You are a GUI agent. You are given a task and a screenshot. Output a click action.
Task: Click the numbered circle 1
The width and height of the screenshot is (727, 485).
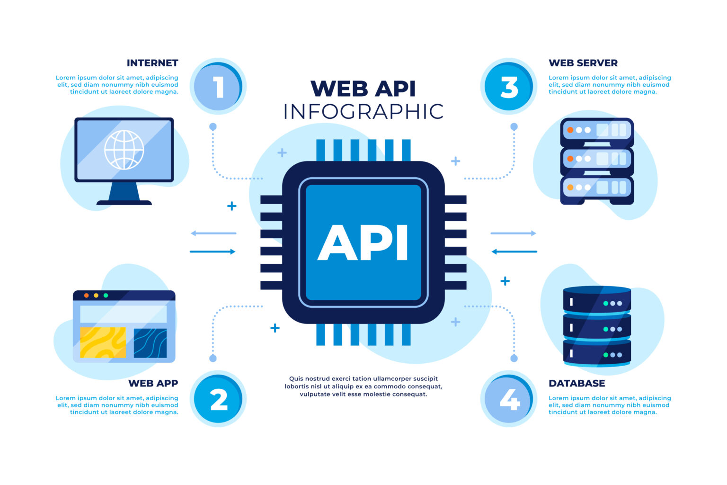click(x=218, y=87)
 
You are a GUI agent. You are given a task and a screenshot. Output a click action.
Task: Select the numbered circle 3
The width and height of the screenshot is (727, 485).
click(x=509, y=87)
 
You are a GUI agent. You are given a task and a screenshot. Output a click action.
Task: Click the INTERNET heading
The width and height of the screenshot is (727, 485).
click(x=152, y=63)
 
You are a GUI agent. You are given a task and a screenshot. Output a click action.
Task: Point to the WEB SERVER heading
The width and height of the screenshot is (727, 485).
click(x=583, y=63)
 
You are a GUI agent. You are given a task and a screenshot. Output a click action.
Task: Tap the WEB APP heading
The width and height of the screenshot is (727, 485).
click(x=153, y=383)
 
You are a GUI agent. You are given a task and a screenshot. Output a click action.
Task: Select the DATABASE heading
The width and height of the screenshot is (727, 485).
click(x=576, y=383)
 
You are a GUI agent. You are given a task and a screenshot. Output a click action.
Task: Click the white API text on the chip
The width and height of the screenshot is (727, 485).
click(x=363, y=242)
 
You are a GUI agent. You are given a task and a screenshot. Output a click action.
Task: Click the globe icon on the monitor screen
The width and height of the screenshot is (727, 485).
click(x=124, y=150)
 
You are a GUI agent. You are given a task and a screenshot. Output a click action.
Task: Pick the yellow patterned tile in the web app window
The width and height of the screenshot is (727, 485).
click(x=103, y=342)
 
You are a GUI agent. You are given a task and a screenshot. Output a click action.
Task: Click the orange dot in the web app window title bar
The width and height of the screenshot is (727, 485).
click(x=86, y=296)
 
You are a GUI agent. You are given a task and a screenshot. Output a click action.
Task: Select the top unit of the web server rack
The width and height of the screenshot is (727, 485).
click(x=597, y=130)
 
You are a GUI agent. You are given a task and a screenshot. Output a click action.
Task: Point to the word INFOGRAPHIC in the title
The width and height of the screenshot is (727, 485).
click(x=363, y=112)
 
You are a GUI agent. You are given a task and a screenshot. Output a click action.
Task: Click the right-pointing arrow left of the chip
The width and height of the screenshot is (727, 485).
click(x=213, y=251)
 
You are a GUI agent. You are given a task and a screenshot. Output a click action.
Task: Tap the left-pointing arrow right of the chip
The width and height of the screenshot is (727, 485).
click(x=514, y=251)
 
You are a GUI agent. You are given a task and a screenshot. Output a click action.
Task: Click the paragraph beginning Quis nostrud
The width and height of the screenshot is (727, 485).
click(x=363, y=386)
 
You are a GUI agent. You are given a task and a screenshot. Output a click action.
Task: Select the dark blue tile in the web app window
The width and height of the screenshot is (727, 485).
click(x=150, y=342)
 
